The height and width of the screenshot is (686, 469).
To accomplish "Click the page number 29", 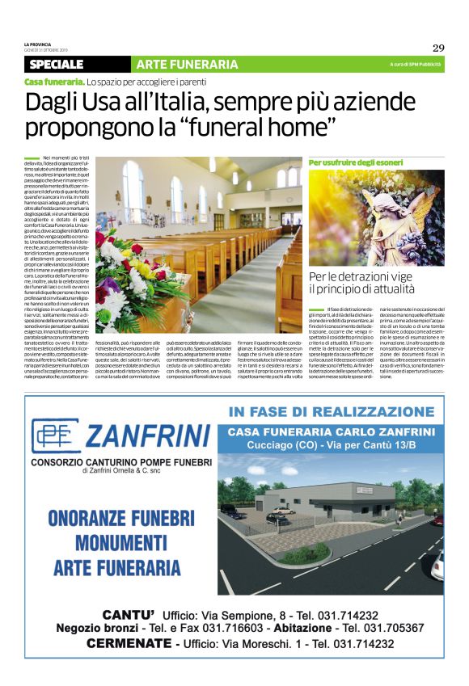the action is point(438,47).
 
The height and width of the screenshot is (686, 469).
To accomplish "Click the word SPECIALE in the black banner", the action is point(56,64).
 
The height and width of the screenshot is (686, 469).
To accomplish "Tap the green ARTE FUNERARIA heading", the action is point(181,64).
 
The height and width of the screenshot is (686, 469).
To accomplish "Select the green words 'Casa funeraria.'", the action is point(53,82).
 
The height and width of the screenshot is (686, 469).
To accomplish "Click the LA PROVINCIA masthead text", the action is point(38,44).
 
